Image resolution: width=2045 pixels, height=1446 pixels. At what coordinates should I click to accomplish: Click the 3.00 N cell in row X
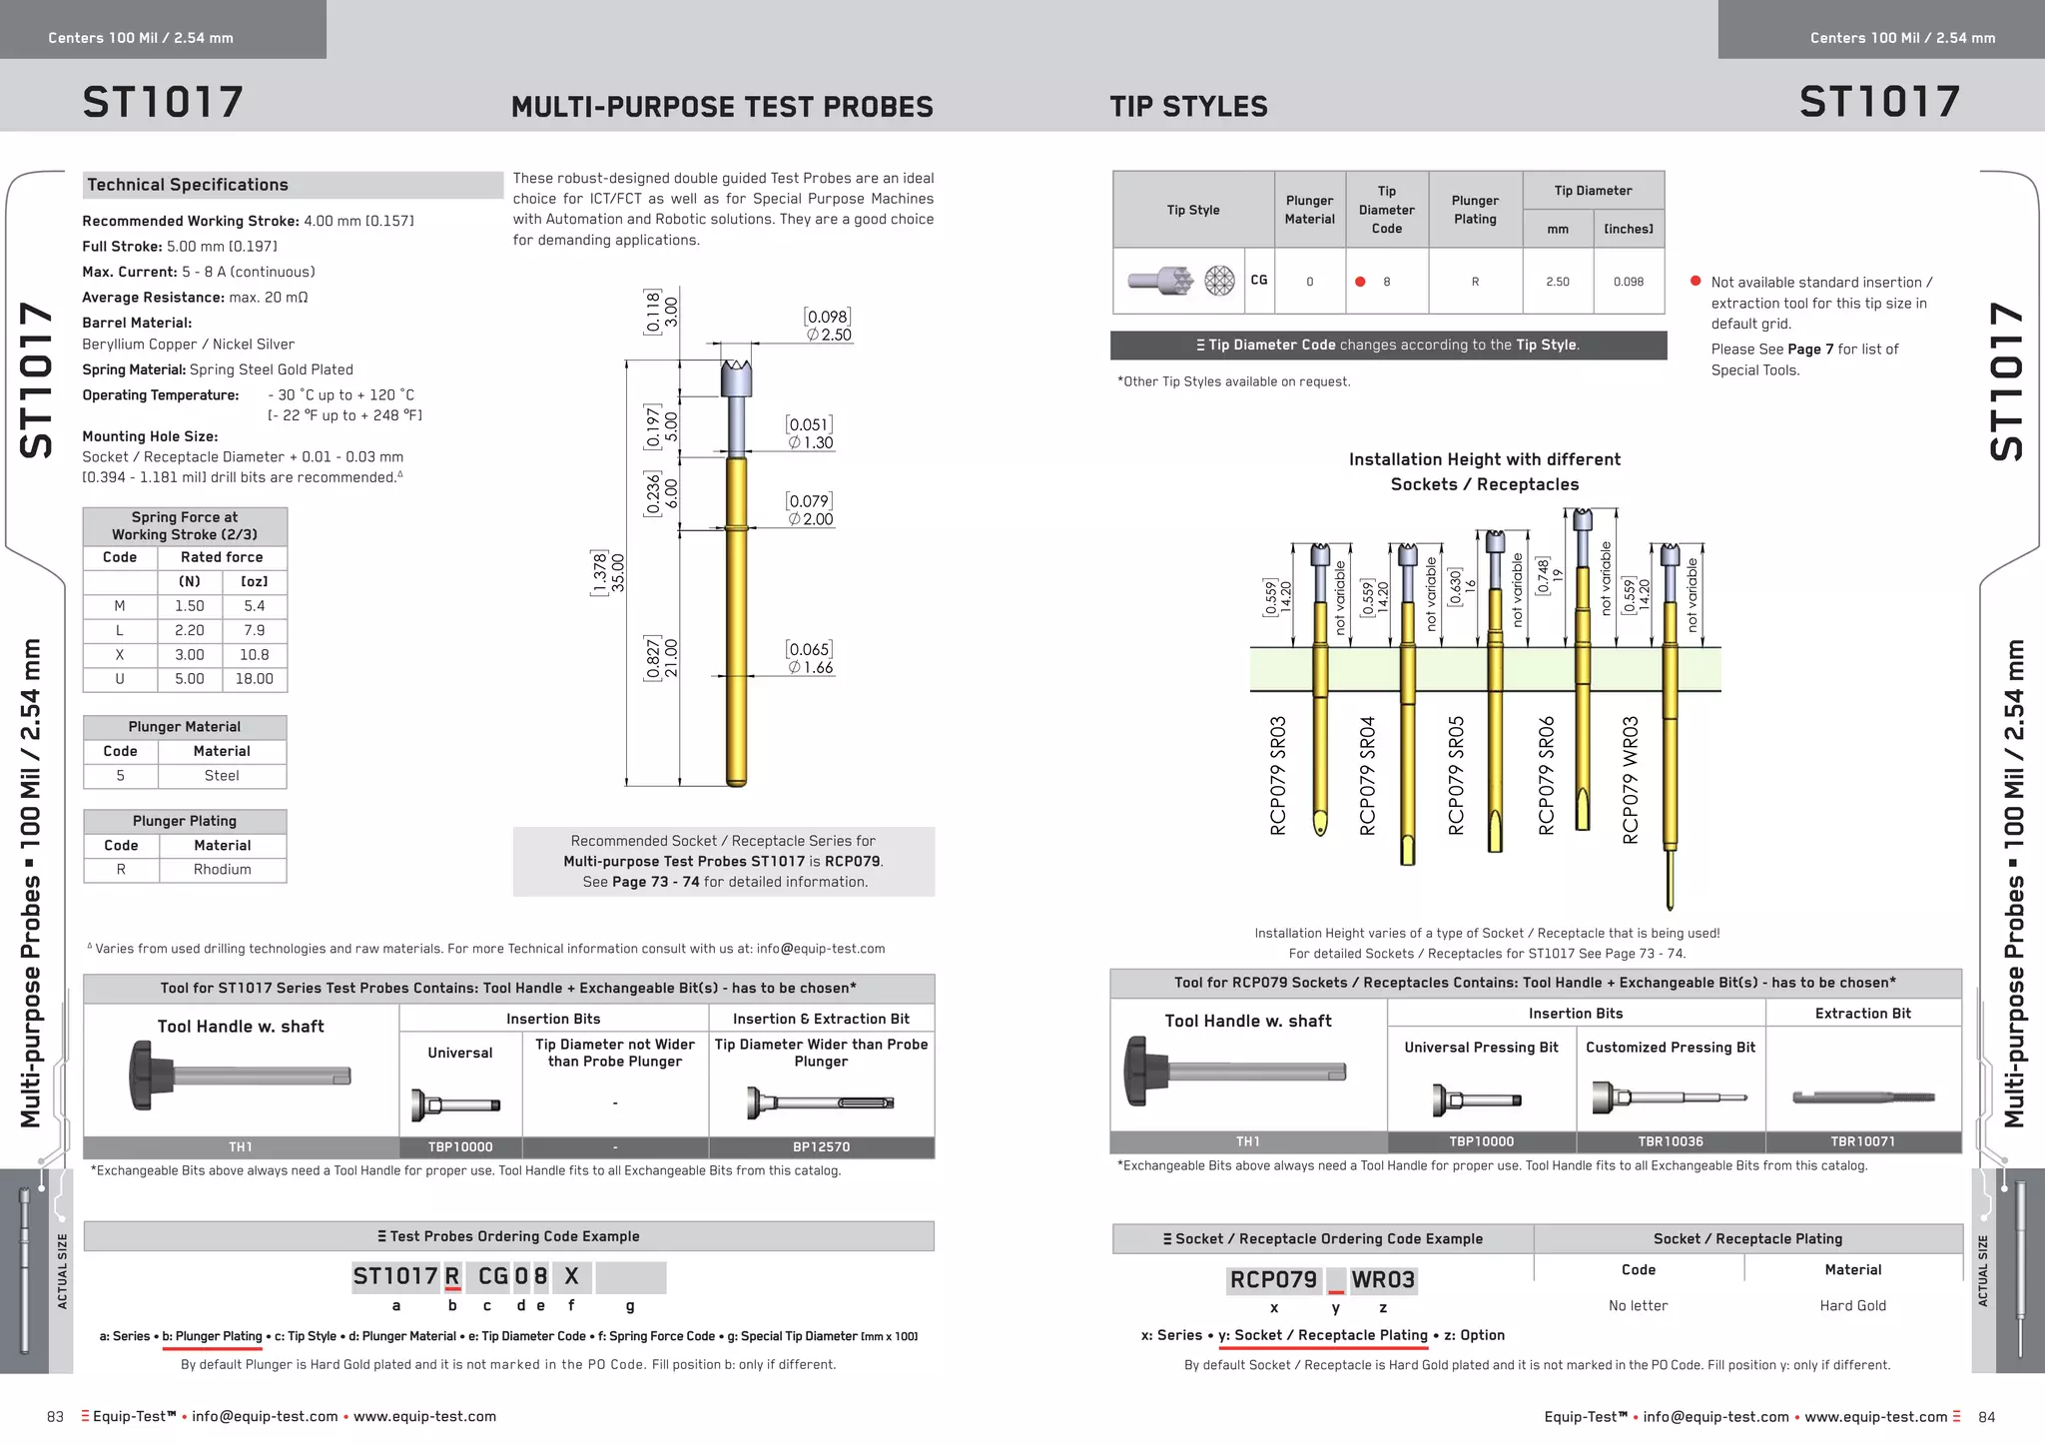click(189, 655)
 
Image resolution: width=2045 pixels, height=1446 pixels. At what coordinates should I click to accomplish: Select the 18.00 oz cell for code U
click(254, 679)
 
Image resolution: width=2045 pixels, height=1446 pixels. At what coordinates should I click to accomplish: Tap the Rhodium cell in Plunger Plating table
click(222, 870)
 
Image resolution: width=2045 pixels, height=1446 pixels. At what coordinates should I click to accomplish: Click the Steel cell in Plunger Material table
click(221, 776)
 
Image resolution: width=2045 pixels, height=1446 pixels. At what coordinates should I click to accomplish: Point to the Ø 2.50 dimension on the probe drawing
click(829, 335)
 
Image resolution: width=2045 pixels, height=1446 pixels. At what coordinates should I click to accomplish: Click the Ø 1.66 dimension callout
click(810, 667)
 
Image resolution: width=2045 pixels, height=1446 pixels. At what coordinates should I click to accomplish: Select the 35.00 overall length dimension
click(617, 572)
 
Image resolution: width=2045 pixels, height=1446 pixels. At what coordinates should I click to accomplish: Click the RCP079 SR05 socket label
click(1456, 775)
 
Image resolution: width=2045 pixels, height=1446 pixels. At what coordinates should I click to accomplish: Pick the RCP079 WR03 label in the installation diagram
click(1631, 780)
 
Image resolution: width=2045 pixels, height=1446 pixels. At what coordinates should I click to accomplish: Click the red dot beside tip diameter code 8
click(1360, 282)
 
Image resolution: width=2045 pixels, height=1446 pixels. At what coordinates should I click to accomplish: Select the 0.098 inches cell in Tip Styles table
click(1628, 282)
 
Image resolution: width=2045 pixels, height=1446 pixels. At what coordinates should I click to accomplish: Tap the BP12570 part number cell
click(821, 1147)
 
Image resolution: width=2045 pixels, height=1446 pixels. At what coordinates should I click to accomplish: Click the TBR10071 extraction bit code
click(1862, 1141)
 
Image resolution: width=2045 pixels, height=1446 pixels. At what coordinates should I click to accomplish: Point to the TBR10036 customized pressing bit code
click(1671, 1141)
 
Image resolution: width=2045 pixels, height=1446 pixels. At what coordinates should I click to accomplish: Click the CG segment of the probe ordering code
click(493, 1276)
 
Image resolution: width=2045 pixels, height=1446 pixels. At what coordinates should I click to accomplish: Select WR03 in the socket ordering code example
click(1383, 1280)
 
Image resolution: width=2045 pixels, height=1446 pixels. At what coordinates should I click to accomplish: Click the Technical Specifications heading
click(188, 185)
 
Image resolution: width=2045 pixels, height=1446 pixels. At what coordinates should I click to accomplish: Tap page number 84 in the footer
click(1986, 1417)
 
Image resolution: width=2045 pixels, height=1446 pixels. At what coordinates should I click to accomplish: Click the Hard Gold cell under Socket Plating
click(1852, 1306)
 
